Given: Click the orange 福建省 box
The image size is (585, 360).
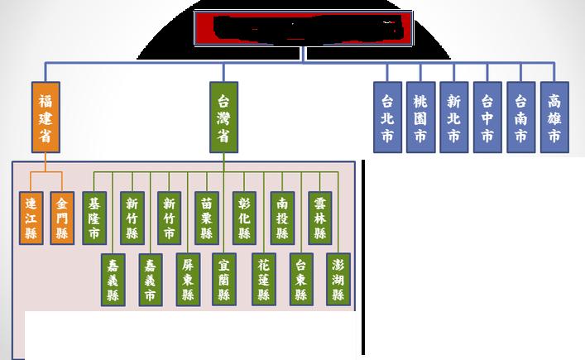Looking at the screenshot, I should pos(46,117).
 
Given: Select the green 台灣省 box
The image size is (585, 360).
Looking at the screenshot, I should pos(223,117).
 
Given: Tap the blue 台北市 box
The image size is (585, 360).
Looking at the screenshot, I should pos(388,117).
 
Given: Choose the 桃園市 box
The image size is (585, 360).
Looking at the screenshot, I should pos(421,117).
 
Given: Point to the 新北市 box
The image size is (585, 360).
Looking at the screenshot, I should pos(453,117).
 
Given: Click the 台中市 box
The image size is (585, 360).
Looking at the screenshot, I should pos(487,117).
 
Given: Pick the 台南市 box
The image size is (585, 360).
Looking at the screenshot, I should pos(520,117).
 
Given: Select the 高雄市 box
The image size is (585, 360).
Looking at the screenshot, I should pos(554,117).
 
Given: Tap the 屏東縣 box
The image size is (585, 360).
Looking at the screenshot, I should pos(188,279).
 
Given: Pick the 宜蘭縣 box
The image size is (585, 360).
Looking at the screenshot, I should pos(224,279).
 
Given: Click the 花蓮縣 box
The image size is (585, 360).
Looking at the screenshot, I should pos(263,279).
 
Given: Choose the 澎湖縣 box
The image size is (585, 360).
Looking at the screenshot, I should pos(338,279).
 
